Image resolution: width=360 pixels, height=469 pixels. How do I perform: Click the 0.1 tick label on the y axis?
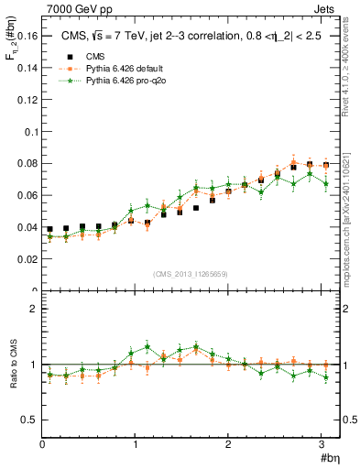point(29,131)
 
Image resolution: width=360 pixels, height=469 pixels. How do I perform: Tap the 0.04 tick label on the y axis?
point(27,227)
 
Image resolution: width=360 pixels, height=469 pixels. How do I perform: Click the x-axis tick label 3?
point(322,444)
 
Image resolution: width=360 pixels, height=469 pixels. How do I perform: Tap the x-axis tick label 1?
point(136,444)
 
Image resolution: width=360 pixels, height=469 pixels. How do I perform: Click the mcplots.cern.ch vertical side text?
point(351,215)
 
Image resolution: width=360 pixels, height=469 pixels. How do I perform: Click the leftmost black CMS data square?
point(50,229)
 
